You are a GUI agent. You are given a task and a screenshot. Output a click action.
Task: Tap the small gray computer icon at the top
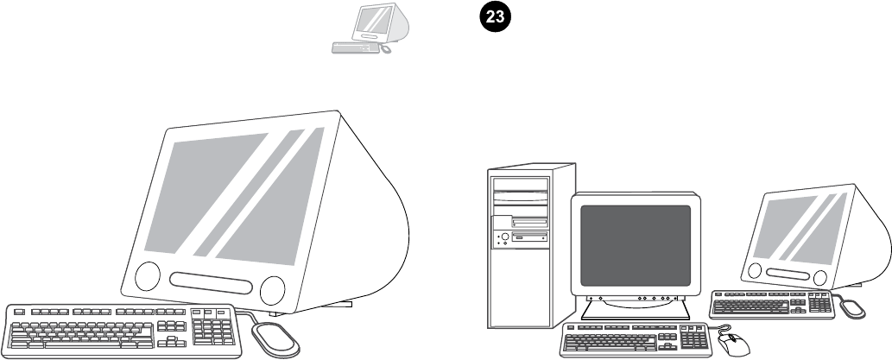coord(359,28)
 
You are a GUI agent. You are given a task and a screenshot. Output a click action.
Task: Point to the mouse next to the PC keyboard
coord(732,344)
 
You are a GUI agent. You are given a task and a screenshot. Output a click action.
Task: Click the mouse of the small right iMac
coord(852,306)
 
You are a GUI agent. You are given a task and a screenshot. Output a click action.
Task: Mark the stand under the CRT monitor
coord(635,308)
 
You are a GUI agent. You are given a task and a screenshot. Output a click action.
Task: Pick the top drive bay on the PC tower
coord(520,183)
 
